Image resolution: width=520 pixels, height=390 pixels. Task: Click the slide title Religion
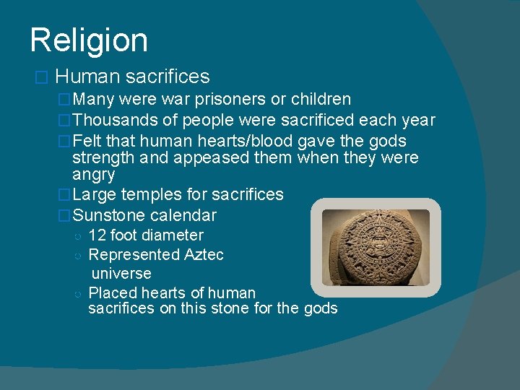tap(89, 40)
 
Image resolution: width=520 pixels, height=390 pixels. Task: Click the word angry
tap(94, 174)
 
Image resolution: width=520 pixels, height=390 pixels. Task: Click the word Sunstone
tap(109, 215)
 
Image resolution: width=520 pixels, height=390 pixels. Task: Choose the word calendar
tap(183, 215)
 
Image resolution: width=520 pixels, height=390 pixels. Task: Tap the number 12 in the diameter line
tap(97, 235)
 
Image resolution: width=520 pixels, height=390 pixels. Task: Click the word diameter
tap(173, 235)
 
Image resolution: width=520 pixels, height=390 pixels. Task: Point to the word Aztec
tap(204, 254)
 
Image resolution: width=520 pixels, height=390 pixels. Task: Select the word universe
tap(121, 274)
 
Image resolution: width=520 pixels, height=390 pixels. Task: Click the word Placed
tap(110, 292)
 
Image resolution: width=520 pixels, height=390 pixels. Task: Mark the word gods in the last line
tap(320, 308)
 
